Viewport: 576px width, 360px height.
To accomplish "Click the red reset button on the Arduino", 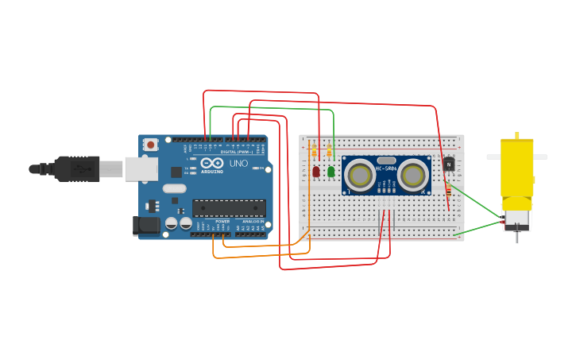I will pos(150,145).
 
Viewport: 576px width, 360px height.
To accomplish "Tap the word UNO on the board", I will pos(238,164).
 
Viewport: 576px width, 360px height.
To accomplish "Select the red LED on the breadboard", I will pos(316,171).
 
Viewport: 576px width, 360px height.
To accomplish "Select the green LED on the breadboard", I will pos(331,170).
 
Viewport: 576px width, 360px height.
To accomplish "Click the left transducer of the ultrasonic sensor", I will pos(361,176).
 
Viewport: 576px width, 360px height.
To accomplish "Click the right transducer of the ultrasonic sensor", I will pos(413,175).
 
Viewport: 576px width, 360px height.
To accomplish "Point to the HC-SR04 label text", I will pos(386,168).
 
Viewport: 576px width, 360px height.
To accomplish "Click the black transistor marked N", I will pos(448,165).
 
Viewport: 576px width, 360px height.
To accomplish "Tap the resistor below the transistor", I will pos(448,191).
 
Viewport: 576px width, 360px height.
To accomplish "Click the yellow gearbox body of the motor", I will pos(517,174).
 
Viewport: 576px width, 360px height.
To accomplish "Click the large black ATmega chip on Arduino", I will pos(229,208).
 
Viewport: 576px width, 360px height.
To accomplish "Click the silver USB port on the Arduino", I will pos(140,168).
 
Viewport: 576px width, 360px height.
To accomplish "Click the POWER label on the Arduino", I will pos(222,222).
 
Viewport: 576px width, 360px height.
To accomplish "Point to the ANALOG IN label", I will pos(252,222).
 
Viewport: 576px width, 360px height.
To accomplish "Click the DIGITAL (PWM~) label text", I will pos(236,152).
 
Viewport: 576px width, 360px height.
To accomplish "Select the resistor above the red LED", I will pos(315,151).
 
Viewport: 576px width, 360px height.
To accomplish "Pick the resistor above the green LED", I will pos(329,150).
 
